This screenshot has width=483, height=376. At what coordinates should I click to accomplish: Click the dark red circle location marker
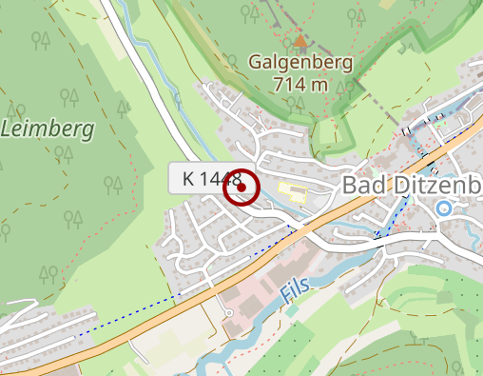pyautogui.click(x=241, y=188)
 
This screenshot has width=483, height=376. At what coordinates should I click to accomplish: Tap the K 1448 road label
pyautogui.click(x=205, y=179)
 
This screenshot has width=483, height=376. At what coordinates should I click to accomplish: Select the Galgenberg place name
pyautogui.click(x=300, y=64)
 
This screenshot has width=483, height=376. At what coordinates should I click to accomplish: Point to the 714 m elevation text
pyautogui.click(x=300, y=84)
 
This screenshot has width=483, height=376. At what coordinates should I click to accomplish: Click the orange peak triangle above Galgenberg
pyautogui.click(x=300, y=42)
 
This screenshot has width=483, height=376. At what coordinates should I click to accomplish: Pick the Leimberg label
pyautogui.click(x=49, y=128)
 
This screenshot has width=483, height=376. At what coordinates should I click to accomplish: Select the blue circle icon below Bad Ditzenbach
pyautogui.click(x=443, y=208)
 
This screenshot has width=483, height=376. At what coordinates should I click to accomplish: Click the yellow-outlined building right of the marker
pyautogui.click(x=292, y=193)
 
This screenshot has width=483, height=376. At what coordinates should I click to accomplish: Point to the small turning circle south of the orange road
pyautogui.click(x=229, y=313)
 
